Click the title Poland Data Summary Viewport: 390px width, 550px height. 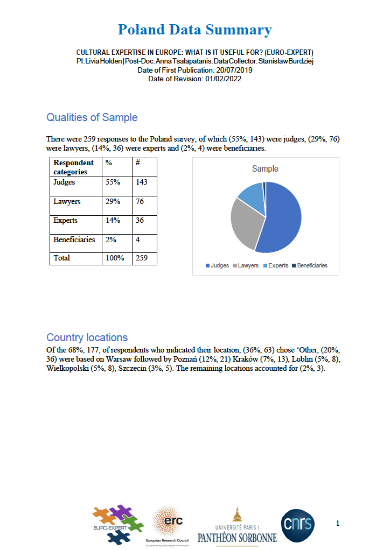[194, 30]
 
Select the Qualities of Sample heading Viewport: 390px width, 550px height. [92, 117]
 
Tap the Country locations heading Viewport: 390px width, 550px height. [87, 337]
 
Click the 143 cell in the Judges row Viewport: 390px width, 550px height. [142, 182]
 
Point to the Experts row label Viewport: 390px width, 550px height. [65, 220]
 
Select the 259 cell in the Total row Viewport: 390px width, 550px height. [142, 258]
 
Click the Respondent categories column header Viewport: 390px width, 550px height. [74, 167]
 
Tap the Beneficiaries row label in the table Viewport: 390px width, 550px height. [74, 239]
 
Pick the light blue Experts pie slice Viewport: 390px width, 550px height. [252, 196]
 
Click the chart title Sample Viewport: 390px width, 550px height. [265, 169]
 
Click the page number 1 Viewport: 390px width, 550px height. [338, 523]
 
